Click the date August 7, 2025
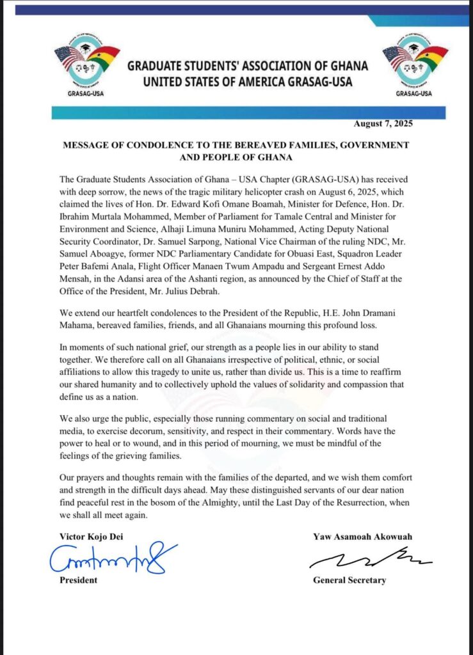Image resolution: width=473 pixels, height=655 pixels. click(383, 123)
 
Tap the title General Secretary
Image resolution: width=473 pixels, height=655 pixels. click(349, 580)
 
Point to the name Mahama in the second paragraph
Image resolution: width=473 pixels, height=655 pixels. click(81, 328)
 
